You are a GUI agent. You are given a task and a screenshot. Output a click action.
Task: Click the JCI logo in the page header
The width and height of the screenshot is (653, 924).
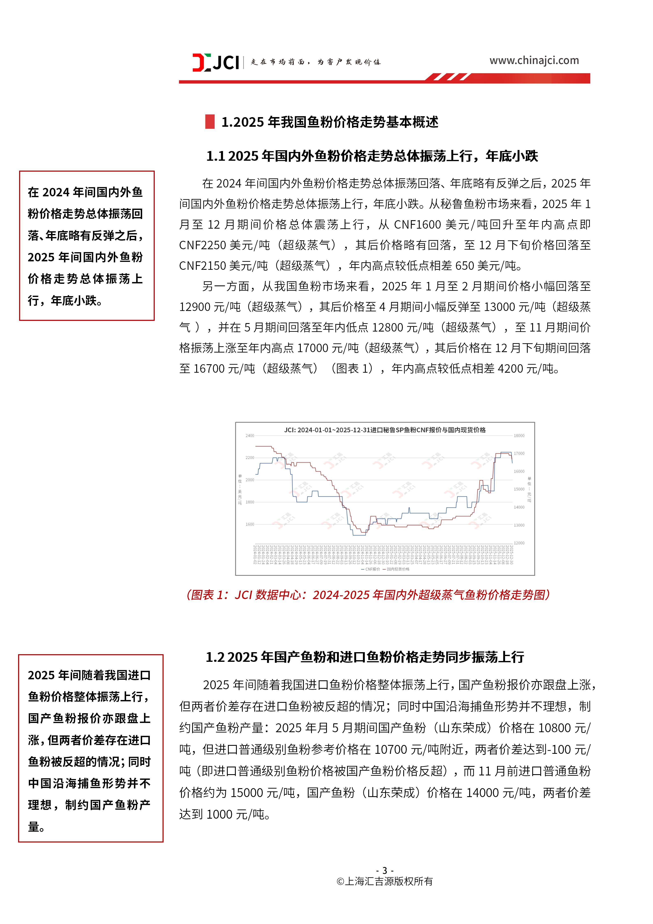[216, 62]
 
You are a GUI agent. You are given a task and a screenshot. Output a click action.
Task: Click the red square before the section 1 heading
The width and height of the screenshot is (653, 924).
[210, 122]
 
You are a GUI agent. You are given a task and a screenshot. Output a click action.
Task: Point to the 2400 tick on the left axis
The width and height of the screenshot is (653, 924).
[250, 435]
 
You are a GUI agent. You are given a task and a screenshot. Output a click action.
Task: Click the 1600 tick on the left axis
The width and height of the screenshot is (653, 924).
[250, 524]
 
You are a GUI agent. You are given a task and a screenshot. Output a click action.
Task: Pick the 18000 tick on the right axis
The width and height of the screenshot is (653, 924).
[519, 435]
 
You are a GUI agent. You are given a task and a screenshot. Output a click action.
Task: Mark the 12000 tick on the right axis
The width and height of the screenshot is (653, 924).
[519, 543]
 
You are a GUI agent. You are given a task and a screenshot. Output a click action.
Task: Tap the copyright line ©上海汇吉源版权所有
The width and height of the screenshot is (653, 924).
[385, 881]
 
